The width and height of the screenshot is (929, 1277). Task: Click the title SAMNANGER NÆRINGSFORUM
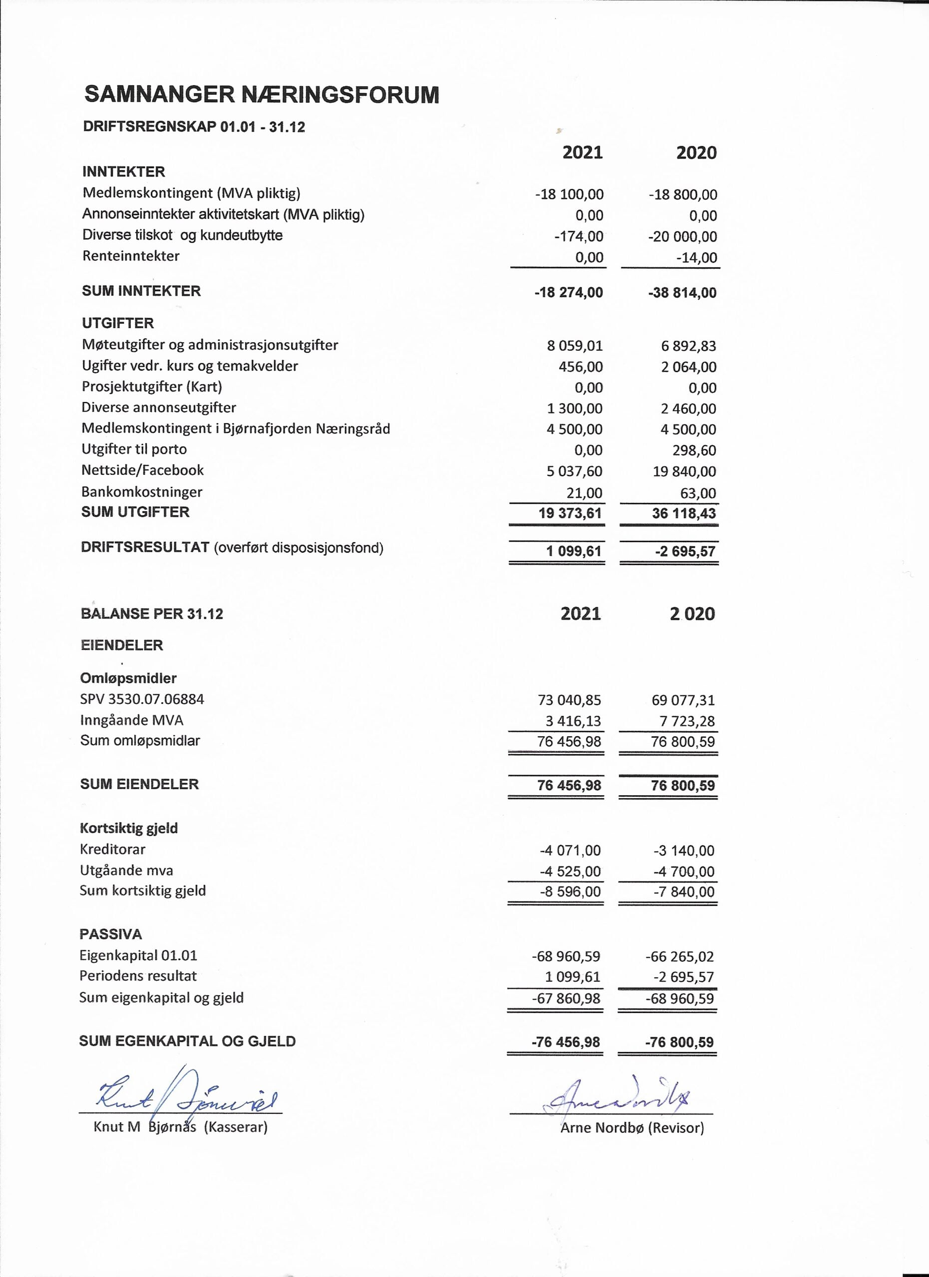[262, 95]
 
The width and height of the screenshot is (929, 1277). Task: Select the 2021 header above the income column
[583, 153]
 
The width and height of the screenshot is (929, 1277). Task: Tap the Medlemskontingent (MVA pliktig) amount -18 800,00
[683, 195]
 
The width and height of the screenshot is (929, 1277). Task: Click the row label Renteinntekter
[131, 256]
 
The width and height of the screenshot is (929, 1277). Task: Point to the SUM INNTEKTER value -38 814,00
[682, 293]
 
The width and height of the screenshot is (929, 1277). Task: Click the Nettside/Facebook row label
[143, 470]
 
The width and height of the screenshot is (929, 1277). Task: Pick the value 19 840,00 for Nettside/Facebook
[684, 471]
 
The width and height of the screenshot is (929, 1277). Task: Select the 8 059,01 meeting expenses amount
[575, 346]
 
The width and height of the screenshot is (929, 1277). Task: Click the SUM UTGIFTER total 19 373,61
[570, 513]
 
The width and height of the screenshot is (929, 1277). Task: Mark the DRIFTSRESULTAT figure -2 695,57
[685, 551]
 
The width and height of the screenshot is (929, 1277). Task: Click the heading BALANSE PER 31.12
[152, 614]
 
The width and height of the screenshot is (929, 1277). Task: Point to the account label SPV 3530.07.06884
[142, 699]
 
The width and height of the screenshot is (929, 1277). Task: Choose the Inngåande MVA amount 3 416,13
[569, 721]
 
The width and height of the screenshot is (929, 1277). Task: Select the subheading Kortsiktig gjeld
[129, 828]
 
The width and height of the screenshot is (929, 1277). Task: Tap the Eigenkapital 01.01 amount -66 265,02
[679, 956]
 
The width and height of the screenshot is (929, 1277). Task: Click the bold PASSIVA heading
[110, 934]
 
